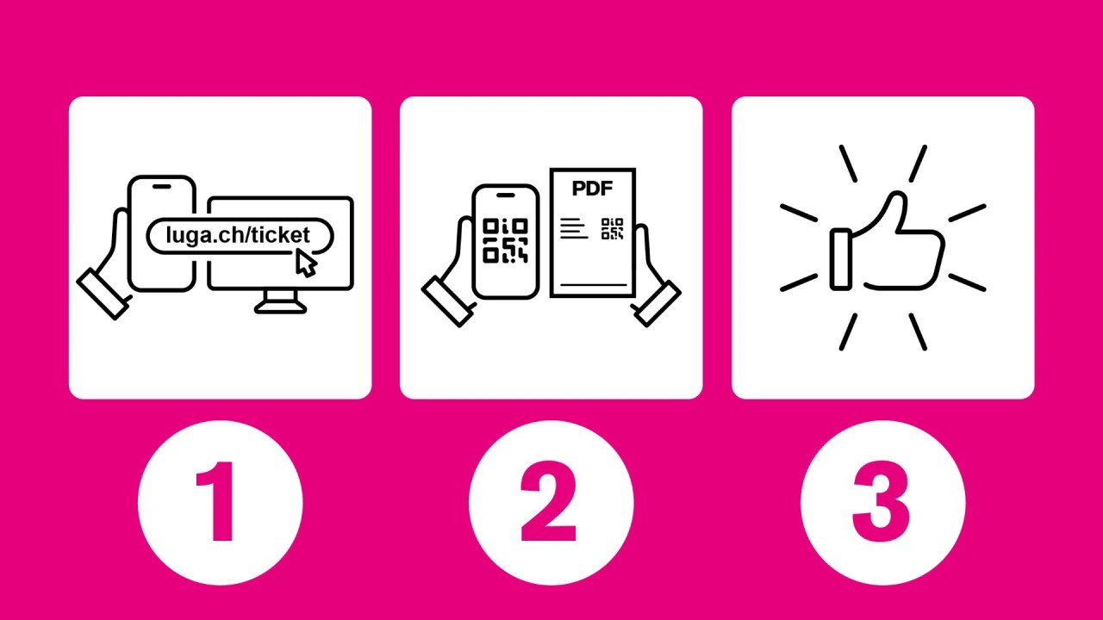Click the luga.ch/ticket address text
point(238,236)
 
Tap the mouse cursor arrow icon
point(306,263)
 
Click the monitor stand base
point(280,308)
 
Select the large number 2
point(549,501)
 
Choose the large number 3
point(881,502)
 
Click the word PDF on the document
point(592,188)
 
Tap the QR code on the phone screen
point(505,240)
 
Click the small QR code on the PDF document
point(612,229)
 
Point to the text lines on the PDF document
point(574,228)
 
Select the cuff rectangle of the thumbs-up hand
point(841,259)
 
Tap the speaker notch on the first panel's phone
point(161,187)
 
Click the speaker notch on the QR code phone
point(505,195)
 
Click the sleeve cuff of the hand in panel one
point(103,294)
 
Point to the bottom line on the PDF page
point(594,284)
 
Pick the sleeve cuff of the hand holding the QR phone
point(447,301)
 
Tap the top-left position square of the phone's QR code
point(490,226)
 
